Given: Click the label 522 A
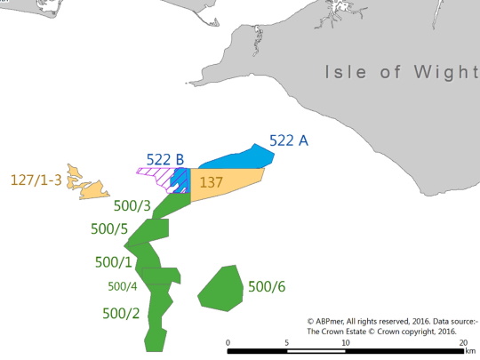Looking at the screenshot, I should [x=289, y=141].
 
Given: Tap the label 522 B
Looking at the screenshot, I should [x=165, y=159].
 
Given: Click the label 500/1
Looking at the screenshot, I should [x=115, y=262].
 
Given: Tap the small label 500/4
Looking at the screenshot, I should [x=122, y=286].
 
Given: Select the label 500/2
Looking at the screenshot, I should [x=121, y=313].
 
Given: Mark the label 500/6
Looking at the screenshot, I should [x=268, y=286].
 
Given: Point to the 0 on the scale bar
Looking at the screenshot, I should [x=228, y=342].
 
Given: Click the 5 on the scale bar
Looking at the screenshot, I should [x=286, y=342].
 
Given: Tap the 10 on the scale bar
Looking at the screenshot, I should [x=345, y=342].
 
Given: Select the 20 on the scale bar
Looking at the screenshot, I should [x=462, y=342].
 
